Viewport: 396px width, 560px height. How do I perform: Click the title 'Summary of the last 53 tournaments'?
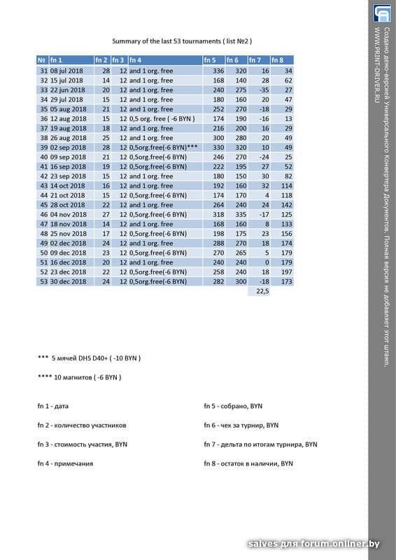181,42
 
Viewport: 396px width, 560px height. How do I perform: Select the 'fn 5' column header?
211,61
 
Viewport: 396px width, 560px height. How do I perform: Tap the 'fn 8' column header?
278,61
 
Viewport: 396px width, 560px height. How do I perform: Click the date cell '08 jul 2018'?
68,71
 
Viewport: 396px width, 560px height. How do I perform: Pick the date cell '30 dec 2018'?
68,281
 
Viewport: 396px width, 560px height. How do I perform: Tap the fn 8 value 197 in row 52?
286,271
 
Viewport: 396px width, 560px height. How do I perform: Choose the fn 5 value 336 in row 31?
217,71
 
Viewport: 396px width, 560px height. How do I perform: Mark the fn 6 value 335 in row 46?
240,214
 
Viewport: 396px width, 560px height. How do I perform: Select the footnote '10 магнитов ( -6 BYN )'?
80,377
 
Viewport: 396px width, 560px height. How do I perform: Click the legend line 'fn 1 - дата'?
53,405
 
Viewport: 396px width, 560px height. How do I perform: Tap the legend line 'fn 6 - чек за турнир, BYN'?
241,425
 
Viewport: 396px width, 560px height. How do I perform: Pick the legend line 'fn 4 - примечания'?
65,463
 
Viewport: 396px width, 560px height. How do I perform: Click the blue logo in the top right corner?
382,13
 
